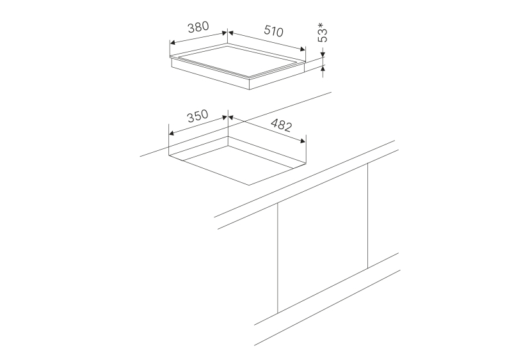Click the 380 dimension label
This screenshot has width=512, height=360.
(198, 27)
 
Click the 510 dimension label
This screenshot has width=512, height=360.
(273, 31)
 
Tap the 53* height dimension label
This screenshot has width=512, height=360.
(323, 33)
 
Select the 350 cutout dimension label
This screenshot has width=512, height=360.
(197, 116)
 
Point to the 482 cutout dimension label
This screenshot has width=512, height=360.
(281, 125)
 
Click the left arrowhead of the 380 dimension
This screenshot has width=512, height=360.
(173, 43)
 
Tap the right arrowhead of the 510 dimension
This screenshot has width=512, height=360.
(302, 49)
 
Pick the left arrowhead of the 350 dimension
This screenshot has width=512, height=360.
(172, 133)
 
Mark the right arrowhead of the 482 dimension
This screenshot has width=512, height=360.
(302, 141)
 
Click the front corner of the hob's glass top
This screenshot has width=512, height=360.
(250, 79)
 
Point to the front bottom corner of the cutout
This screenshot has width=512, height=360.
(250, 185)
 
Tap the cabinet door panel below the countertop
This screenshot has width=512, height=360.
(323, 239)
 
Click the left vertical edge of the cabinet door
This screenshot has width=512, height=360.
(278, 258)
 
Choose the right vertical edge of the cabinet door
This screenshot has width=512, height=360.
(368, 215)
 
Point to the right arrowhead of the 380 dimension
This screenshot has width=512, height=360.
(224, 33)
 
